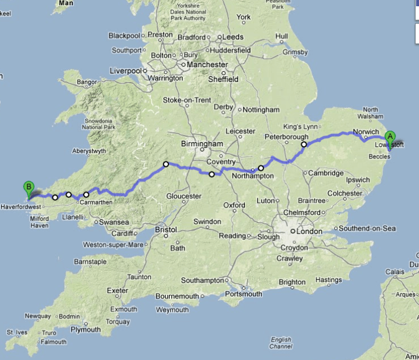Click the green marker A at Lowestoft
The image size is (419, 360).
coord(390,137)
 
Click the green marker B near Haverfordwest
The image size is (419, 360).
coord(28,187)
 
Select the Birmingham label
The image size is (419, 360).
coord(202,144)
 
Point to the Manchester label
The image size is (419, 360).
coord(208,65)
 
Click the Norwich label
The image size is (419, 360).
coord(366,132)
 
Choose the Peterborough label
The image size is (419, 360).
coord(286,137)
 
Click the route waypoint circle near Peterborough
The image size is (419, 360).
coord(304,144)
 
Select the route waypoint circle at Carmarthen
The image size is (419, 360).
coord(87,195)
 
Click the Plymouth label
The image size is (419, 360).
coord(85,330)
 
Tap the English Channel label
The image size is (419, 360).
coord(281,343)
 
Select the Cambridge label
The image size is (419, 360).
coord(326,173)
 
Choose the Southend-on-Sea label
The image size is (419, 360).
coord(368,228)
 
